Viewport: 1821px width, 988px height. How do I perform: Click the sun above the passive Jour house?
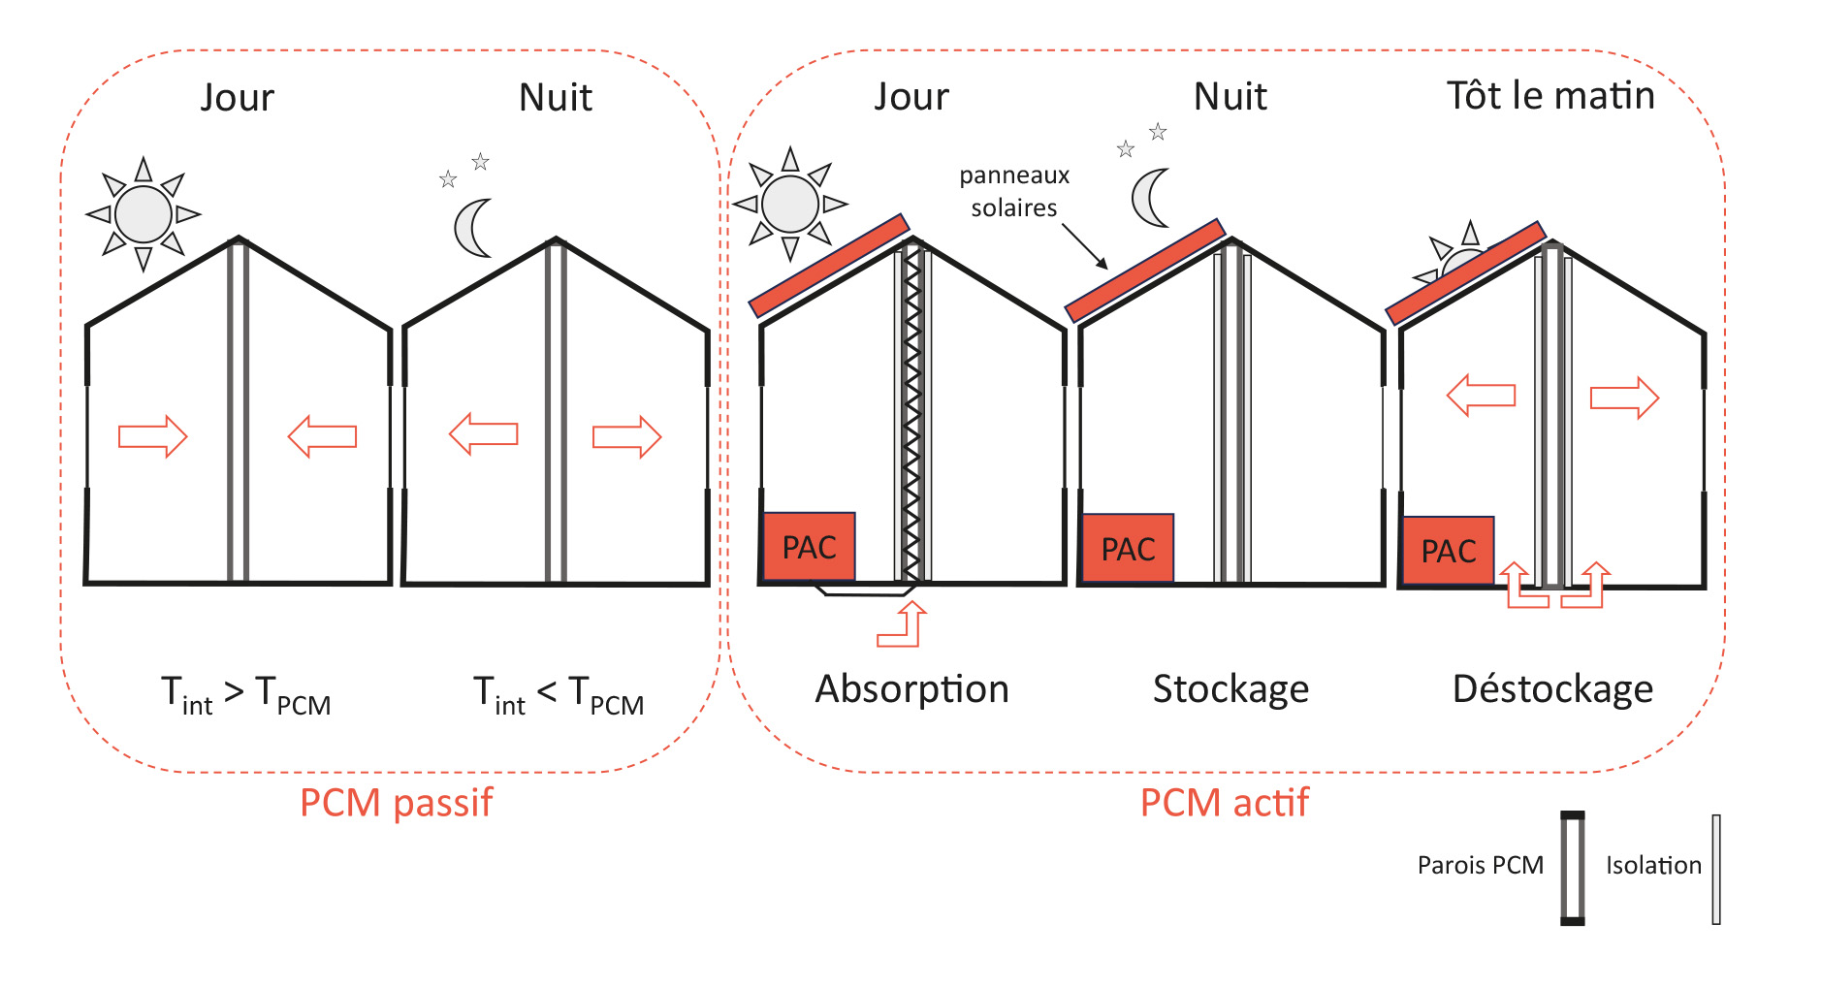144,214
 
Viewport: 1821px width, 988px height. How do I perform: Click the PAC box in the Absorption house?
809,547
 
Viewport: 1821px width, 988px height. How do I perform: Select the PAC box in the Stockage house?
1128,549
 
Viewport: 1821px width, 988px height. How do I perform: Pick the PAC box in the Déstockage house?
1449,551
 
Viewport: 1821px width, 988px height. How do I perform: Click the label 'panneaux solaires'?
1014,191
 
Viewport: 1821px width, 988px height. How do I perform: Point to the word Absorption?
911,689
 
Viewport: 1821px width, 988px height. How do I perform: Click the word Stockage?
1230,689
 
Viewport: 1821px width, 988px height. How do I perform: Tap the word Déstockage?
1552,689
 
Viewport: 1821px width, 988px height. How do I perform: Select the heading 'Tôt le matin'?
1550,95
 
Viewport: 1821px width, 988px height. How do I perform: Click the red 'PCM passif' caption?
396,804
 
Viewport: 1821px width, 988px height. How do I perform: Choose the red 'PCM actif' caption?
1224,803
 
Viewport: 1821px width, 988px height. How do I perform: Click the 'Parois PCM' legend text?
1480,865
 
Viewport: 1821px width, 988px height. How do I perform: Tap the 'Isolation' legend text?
1653,865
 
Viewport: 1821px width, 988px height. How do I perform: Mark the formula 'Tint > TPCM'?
246,695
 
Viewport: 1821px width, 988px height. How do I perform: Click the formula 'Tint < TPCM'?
559,695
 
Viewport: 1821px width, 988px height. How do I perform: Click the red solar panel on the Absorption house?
829,266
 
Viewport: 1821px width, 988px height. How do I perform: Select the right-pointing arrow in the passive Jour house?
152,436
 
